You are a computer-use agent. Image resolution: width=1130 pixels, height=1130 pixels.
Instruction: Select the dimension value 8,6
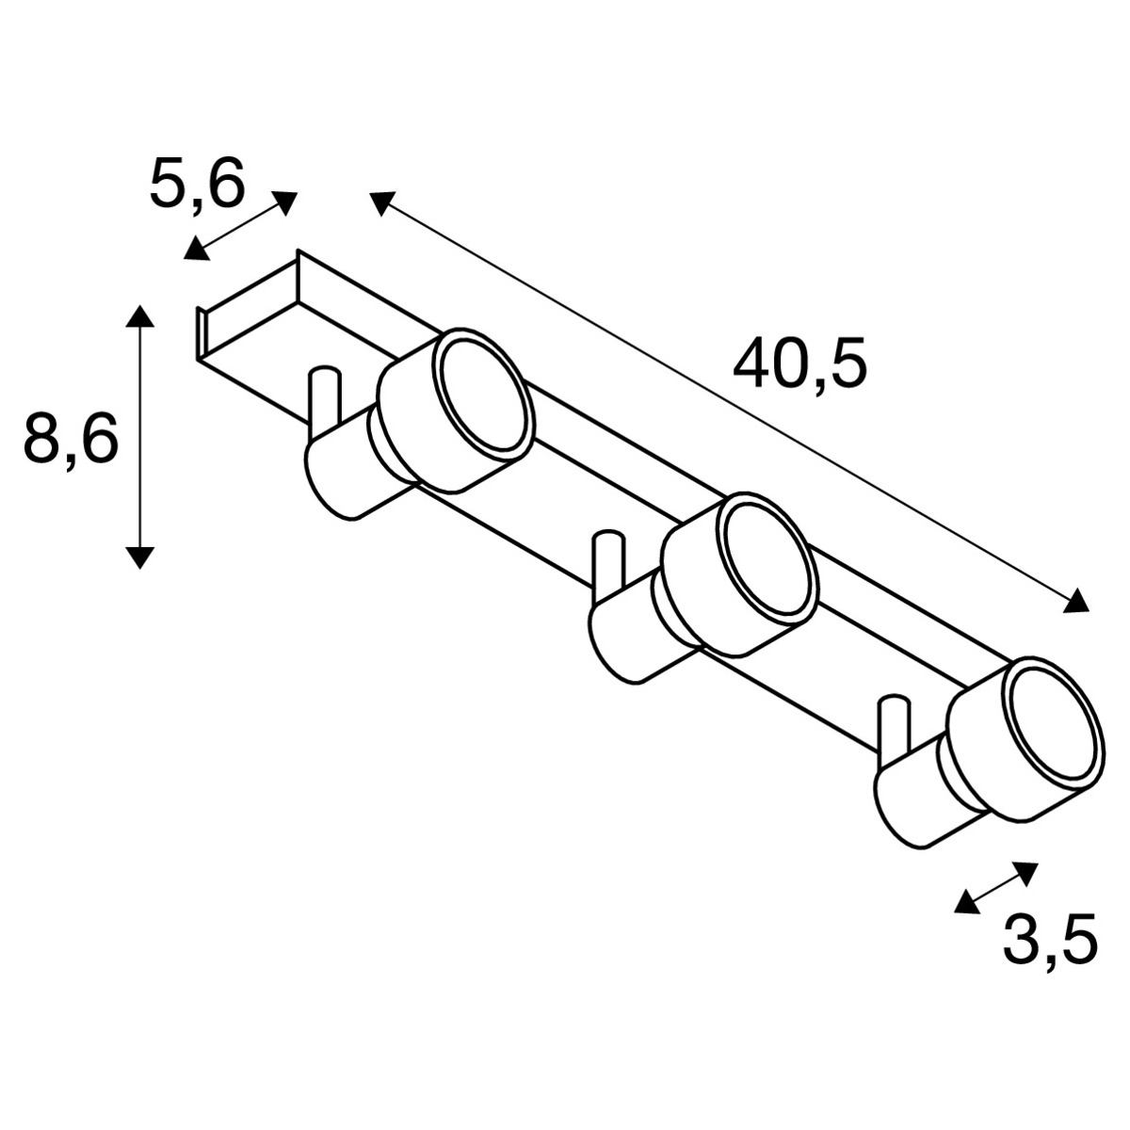[71, 439]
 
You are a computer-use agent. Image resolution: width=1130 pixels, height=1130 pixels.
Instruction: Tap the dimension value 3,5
[1050, 940]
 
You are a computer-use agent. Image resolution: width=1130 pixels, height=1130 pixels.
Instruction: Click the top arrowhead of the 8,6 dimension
[139, 315]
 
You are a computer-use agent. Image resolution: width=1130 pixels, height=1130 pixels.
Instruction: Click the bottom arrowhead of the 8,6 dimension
[139, 557]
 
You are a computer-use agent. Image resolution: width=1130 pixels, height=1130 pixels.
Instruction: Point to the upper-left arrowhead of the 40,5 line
[380, 201]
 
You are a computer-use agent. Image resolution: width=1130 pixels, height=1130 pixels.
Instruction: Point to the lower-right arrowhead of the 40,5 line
[1076, 603]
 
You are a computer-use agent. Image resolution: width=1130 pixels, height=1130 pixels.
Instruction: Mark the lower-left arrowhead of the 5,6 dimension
[195, 249]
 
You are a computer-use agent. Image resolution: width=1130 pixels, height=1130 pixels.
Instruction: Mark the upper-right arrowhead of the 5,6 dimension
[285, 202]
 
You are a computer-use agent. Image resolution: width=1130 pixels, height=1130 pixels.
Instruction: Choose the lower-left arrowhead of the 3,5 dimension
[965, 903]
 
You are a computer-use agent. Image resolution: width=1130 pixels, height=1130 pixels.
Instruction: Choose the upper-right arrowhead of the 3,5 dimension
[1026, 870]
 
